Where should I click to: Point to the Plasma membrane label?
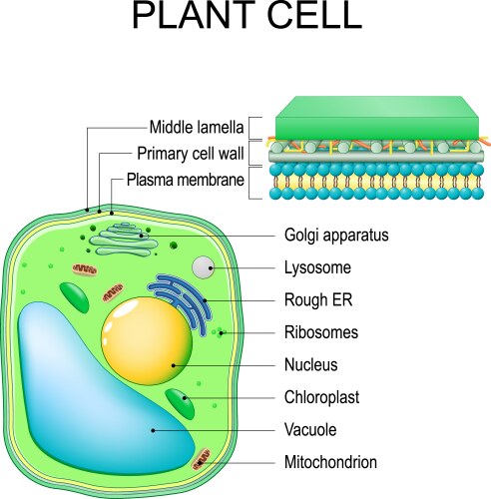185,182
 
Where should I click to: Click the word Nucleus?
311,364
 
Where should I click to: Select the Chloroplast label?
321,397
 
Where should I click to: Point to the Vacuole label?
311,429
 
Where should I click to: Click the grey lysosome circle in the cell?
204,267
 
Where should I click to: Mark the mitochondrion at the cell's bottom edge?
203,458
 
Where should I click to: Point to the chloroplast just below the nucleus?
181,404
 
